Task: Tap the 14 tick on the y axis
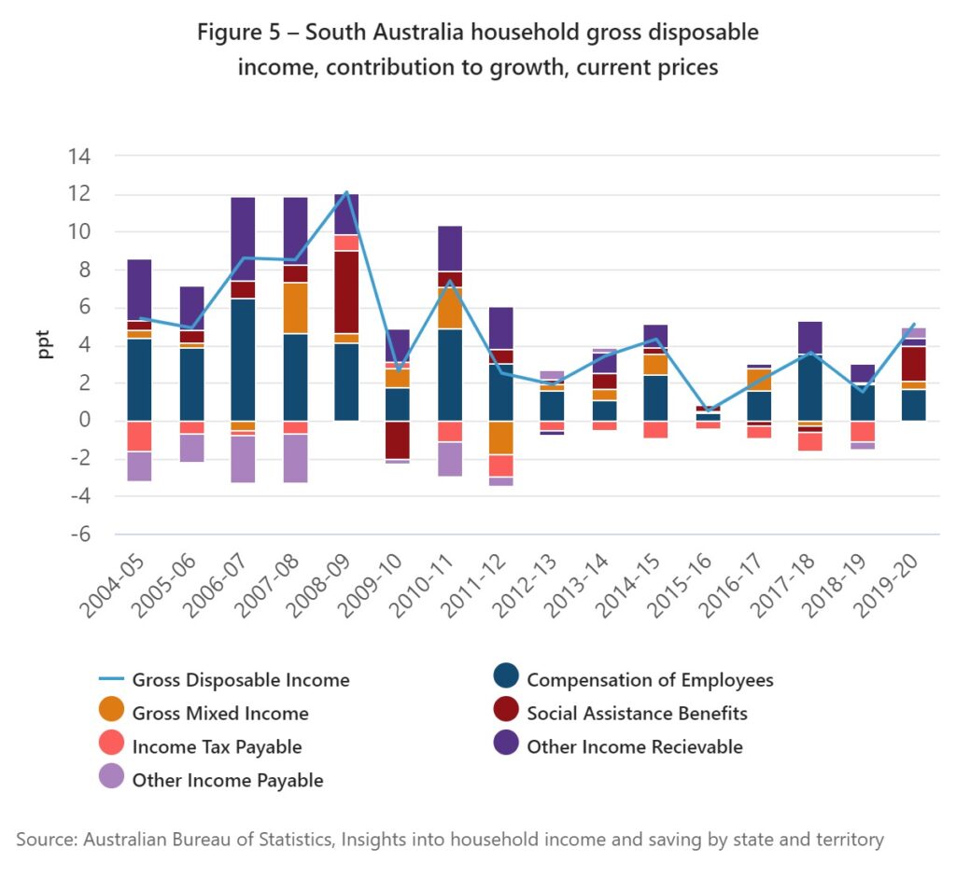click(77, 156)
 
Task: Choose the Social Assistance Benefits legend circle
click(504, 714)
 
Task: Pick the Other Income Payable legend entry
click(227, 781)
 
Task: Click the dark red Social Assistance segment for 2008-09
click(346, 291)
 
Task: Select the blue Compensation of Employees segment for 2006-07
click(243, 359)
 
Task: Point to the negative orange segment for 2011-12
click(501, 437)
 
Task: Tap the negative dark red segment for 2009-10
click(398, 439)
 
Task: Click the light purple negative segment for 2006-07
click(243, 459)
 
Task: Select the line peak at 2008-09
click(346, 192)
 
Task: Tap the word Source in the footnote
click(47, 840)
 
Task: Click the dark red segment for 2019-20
click(913, 363)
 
